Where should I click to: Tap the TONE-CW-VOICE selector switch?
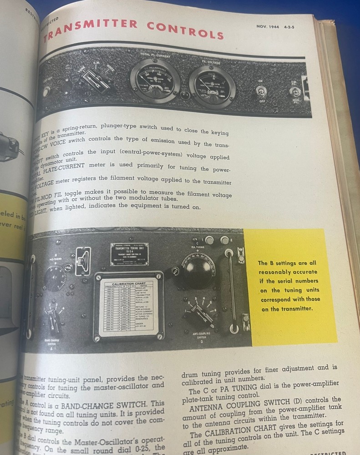point(96,81)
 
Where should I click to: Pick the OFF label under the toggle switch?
point(262,101)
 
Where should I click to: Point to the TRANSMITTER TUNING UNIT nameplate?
point(129,253)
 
